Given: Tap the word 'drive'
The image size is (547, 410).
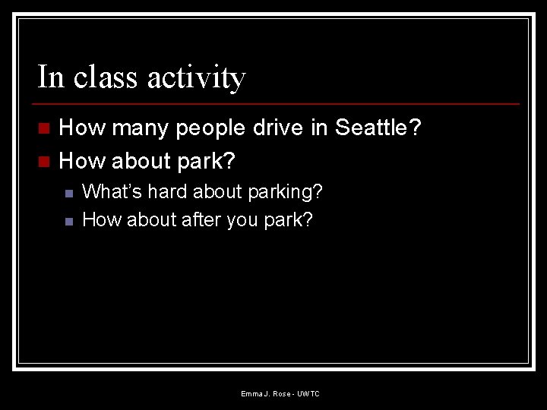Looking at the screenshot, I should pos(277,128).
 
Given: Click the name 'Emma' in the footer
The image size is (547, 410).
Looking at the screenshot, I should pos(251,393).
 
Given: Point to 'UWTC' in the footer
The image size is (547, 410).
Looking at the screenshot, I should pos(308,393).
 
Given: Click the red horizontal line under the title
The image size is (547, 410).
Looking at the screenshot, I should pos(278,103).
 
